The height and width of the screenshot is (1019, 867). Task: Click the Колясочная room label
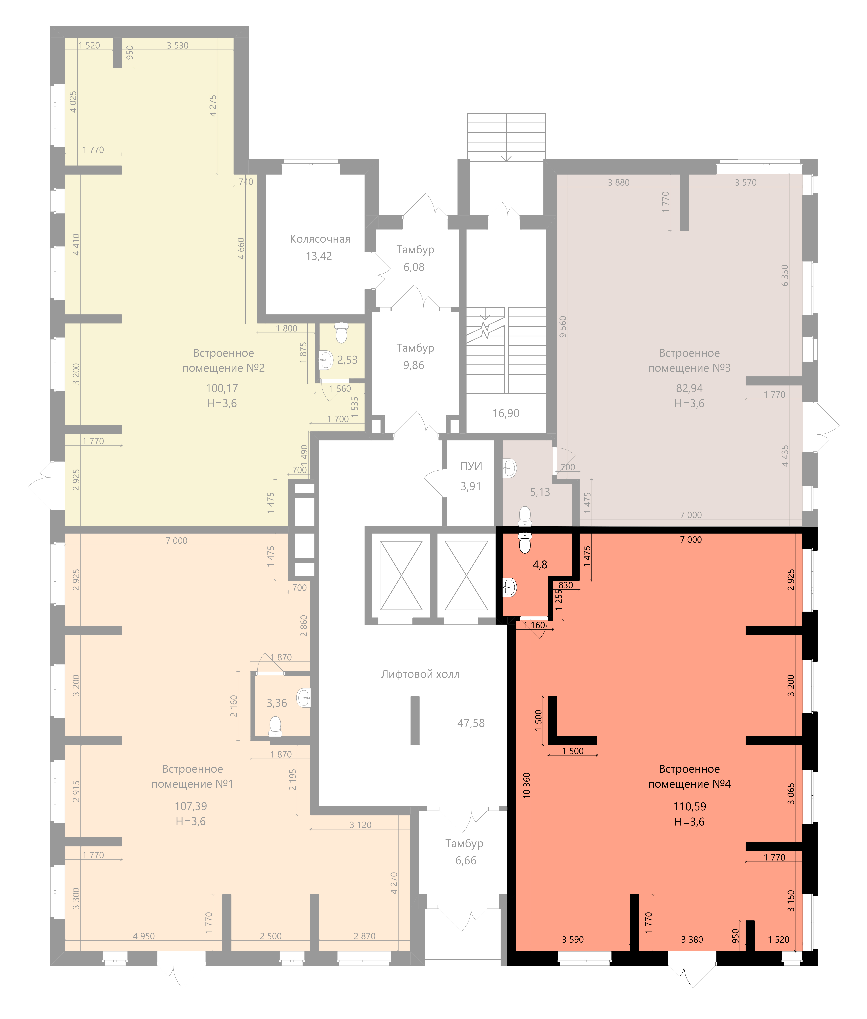coord(320,239)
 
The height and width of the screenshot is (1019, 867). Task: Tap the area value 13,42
coord(318,256)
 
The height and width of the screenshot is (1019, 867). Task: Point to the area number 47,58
coord(471,723)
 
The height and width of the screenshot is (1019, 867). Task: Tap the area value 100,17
coord(222,388)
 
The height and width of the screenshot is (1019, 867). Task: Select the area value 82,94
coord(689,388)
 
